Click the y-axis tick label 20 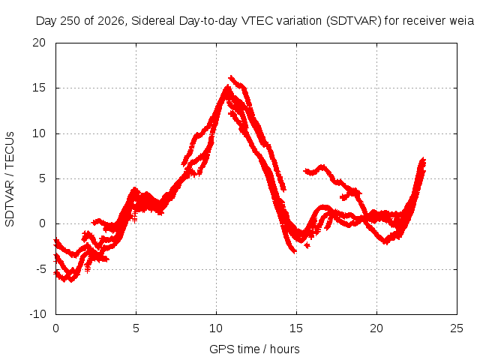point(39,43)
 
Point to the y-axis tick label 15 point(39,88)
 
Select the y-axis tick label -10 point(37,314)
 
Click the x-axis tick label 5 point(136,328)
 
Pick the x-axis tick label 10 point(216,328)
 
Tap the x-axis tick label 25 point(457,328)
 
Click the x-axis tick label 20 point(376,328)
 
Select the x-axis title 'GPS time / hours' point(254,349)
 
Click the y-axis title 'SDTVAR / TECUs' point(10,179)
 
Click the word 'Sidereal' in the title point(153,21)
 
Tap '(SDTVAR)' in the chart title point(354,21)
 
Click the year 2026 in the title point(111,21)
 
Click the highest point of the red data point(231,76)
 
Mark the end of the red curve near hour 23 point(423,160)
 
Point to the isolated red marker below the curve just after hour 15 point(307,245)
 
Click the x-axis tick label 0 point(55,328)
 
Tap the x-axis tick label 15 point(296,328)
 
